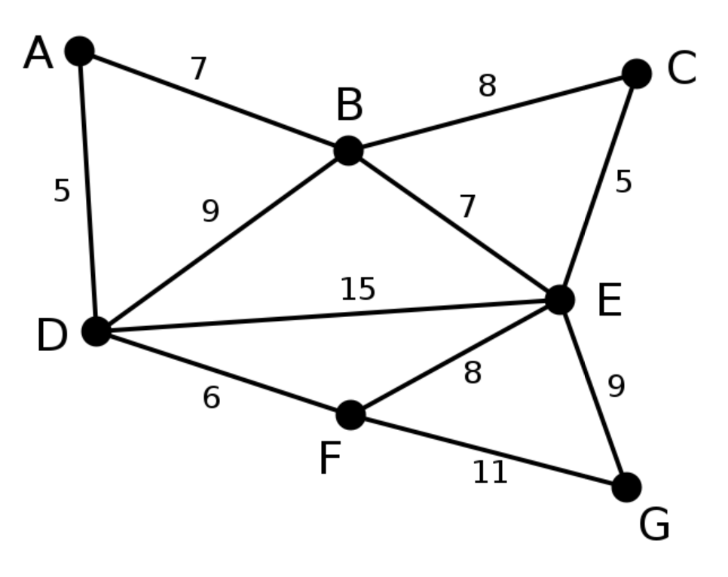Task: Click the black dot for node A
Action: tap(80, 51)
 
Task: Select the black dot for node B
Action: tap(348, 151)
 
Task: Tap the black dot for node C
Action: tap(637, 73)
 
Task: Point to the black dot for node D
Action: tap(96, 331)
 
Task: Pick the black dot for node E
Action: tap(560, 300)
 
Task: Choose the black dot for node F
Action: tap(350, 414)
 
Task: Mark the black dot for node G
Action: tap(627, 487)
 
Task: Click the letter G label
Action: tap(655, 524)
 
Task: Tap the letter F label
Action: tap(330, 458)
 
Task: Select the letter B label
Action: tap(349, 105)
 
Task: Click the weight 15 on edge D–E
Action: tap(357, 288)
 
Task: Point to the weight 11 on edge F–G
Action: tap(491, 472)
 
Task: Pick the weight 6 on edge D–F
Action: tap(211, 398)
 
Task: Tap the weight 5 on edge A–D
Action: tap(62, 191)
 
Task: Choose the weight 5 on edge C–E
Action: tap(623, 182)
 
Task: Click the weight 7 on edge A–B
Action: tap(198, 69)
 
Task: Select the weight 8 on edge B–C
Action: tap(487, 86)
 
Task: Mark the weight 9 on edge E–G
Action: tap(616, 386)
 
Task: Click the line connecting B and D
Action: tap(222, 241)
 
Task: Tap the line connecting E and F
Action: tap(455, 358)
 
